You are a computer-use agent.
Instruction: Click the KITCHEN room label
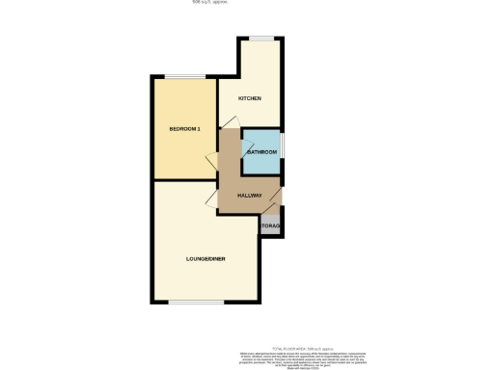[x=250, y=99]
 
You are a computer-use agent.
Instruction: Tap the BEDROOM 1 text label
[x=184, y=129]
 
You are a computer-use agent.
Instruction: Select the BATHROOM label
[x=261, y=153]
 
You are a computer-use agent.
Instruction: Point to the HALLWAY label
[x=251, y=196]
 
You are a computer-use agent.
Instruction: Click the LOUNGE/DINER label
[x=206, y=259]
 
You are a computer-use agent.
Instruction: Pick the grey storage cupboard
[x=270, y=225]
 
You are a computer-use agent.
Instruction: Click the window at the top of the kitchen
[x=261, y=39]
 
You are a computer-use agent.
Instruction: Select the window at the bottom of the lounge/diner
[x=197, y=302]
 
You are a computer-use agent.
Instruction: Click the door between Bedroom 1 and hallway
[x=212, y=163]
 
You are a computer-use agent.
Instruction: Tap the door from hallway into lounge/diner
[x=211, y=199]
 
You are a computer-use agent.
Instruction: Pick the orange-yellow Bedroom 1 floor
[x=183, y=154]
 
